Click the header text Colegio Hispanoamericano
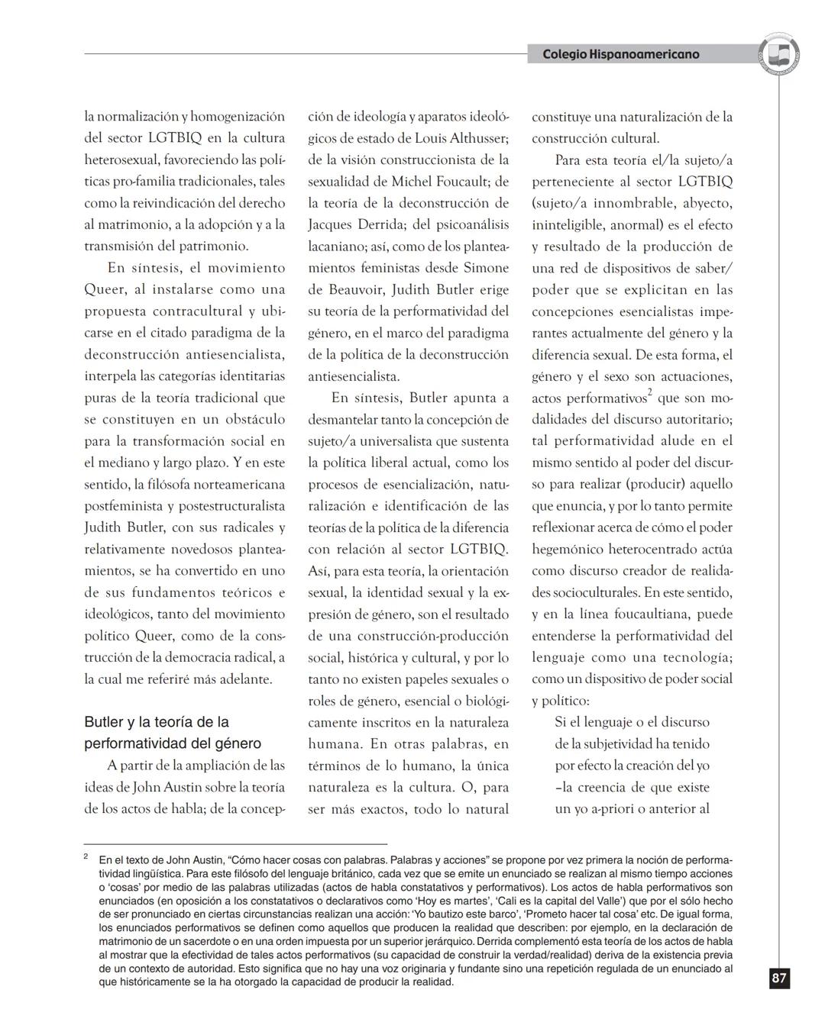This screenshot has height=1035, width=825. tap(620, 54)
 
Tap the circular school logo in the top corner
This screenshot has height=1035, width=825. tap(779, 54)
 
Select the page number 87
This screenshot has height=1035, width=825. tap(778, 979)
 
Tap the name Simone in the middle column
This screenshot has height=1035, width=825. tap(484, 268)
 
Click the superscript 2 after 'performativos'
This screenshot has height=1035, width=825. tap(649, 393)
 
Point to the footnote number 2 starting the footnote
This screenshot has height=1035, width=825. tap(86, 857)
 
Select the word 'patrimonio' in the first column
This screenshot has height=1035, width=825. tap(213, 246)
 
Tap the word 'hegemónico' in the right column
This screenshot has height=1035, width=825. tap(568, 549)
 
